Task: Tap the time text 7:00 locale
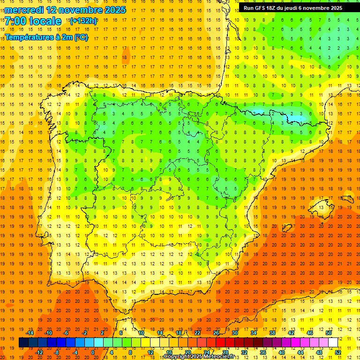pyautogui.click(x=33, y=22)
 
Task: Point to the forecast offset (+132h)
pyautogui.click(x=83, y=21)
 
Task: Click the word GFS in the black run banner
pyautogui.click(x=261, y=8)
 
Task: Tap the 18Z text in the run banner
pyautogui.click(x=273, y=8)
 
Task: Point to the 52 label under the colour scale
pyautogui.click(x=338, y=352)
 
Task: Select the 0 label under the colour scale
pyautogui.click(x=92, y=352)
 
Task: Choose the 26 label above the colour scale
pyautogui.click(x=216, y=333)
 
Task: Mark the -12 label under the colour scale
pyautogui.click(x=39, y=352)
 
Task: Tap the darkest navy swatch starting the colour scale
pyautogui.click(x=23, y=343)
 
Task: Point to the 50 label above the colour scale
pyautogui.click(x=329, y=333)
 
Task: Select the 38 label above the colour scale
pyautogui.click(x=272, y=333)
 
